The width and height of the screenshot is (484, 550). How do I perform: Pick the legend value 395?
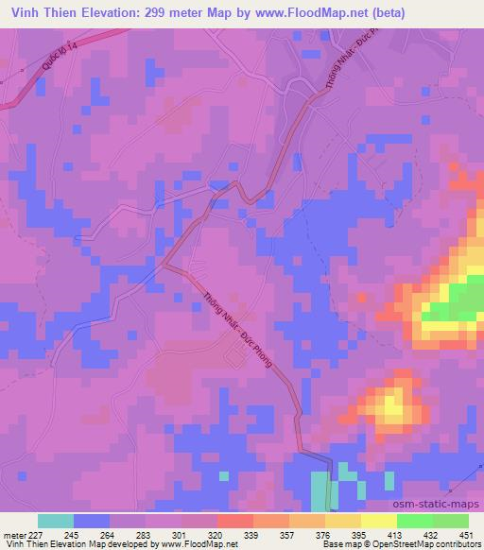tap(345, 535)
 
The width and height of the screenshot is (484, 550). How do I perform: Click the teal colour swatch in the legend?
tap(56, 521)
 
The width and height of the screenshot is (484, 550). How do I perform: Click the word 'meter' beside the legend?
tap(11, 535)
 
